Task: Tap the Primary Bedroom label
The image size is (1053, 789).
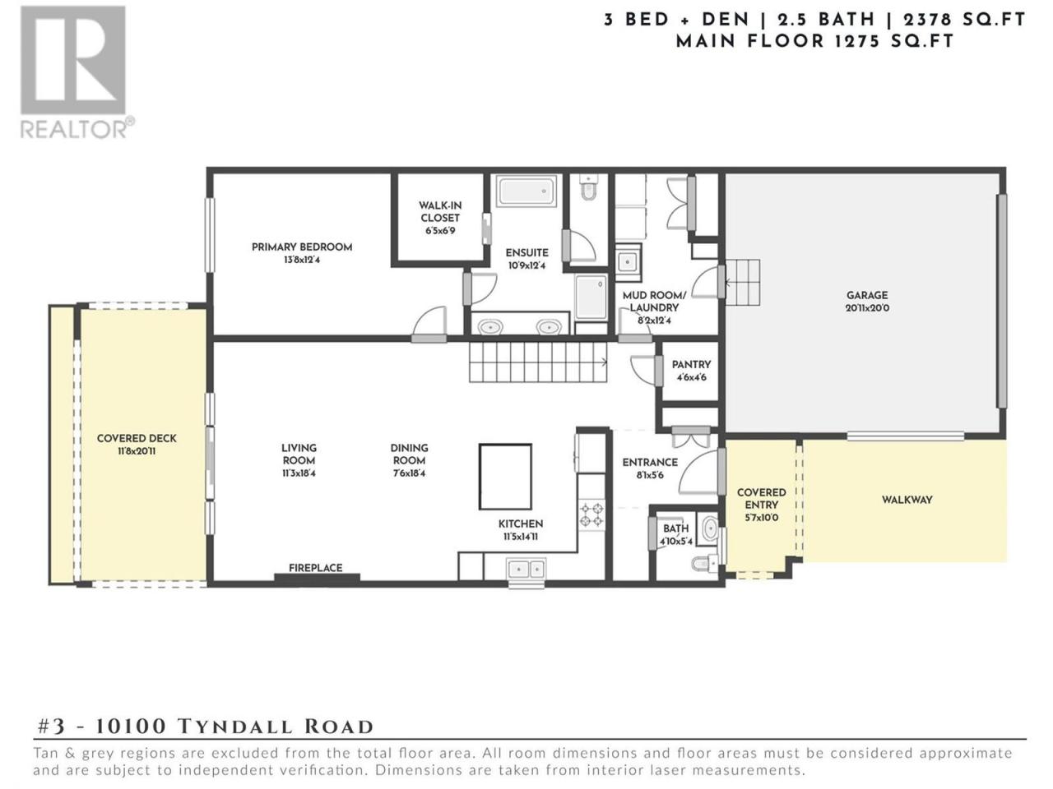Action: point(302,247)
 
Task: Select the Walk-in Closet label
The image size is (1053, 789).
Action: point(440,212)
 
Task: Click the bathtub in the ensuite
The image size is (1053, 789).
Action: point(526,191)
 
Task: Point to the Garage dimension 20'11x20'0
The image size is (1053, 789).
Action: point(867,308)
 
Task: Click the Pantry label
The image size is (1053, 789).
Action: point(691,365)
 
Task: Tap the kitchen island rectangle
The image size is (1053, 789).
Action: point(505,477)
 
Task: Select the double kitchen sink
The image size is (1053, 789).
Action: point(526,570)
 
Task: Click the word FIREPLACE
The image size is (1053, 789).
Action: point(316,568)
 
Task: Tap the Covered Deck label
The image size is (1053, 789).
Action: point(137,438)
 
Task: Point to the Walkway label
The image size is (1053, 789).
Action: point(907,501)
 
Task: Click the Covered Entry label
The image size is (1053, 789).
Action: point(761,499)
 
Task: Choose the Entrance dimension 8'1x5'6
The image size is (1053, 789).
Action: point(650,476)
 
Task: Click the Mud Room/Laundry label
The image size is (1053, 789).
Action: point(654,302)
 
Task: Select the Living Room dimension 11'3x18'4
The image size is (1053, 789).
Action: point(299,473)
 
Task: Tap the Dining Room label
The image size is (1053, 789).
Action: point(409,454)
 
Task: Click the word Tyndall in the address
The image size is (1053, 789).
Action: point(235,727)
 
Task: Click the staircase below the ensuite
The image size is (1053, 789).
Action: point(538,365)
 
